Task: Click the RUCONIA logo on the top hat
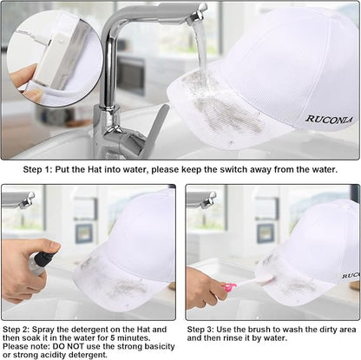click(329, 120)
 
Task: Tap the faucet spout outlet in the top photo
click(197, 18)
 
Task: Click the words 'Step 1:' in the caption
click(37, 169)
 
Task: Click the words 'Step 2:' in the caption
click(16, 330)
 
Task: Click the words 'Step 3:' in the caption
click(200, 330)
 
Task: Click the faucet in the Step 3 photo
click(202, 200)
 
